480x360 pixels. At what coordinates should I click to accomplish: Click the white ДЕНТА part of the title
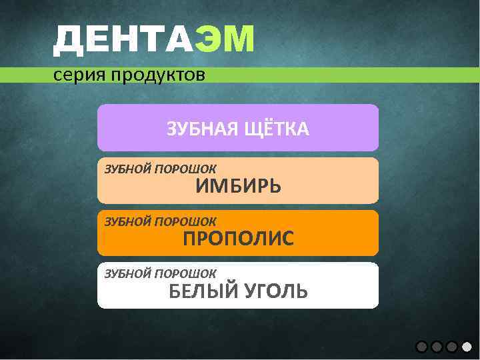click(124, 39)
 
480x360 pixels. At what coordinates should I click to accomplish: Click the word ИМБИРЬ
click(238, 187)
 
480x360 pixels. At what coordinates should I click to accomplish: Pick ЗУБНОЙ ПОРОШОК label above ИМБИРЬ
click(160, 168)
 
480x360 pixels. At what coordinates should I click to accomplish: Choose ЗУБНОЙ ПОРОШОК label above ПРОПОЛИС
click(160, 221)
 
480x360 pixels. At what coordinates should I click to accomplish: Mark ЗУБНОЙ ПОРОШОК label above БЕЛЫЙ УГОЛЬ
click(160, 273)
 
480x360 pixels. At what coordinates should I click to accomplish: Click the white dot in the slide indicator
click(467, 347)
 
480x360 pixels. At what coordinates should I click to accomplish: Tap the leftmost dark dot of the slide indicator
click(421, 347)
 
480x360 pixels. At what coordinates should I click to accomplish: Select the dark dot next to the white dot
click(452, 347)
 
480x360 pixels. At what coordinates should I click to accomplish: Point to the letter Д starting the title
click(67, 39)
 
